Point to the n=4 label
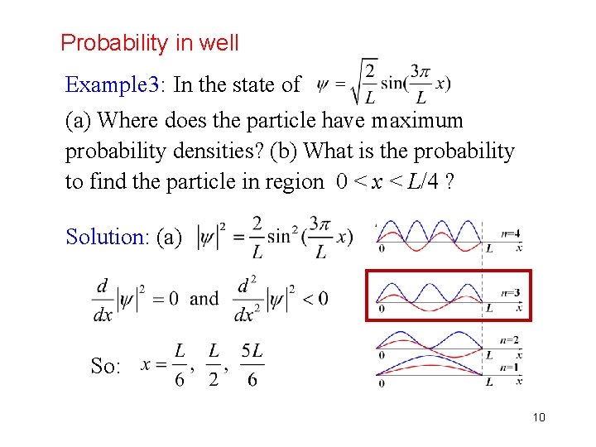(512, 233)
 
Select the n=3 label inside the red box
(511, 292)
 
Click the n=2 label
(511, 340)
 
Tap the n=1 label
(511, 367)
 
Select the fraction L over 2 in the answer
(214, 365)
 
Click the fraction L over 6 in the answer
(180, 365)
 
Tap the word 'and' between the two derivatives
(204, 298)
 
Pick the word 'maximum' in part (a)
(417, 121)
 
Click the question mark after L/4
(448, 182)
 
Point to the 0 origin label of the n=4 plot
(381, 248)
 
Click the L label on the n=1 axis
(490, 382)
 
